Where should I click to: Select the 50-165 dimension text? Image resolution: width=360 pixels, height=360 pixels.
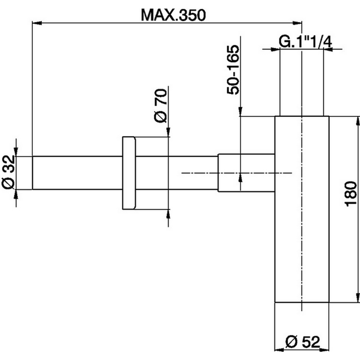233,70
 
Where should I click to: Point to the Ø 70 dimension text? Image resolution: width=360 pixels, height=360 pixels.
160,105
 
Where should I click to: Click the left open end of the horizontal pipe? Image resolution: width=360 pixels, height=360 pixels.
33,173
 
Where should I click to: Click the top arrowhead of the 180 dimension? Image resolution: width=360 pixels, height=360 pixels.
355,120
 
